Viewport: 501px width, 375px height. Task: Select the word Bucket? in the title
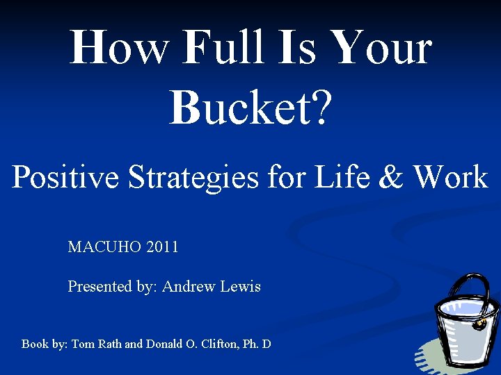250,107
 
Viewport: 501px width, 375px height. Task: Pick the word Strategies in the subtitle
182,177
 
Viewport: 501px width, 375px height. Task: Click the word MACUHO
105,247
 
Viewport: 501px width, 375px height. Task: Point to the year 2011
163,247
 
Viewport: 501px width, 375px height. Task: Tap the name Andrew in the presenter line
188,286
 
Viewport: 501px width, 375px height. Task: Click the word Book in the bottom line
35,344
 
